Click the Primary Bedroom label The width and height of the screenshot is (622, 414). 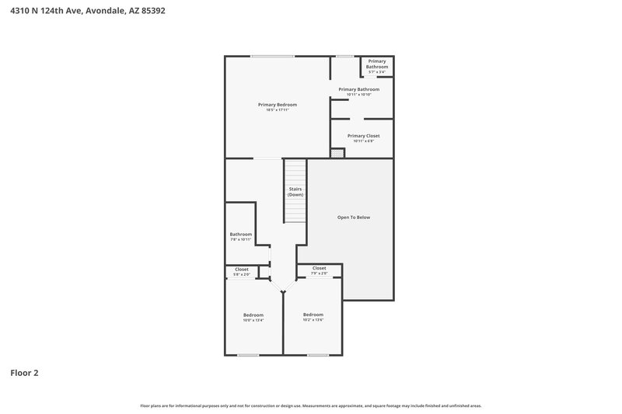point(278,104)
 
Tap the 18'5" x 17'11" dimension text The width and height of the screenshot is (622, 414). point(278,110)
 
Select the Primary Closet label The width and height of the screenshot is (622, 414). point(363,135)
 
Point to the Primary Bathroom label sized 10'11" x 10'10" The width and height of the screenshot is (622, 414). point(358,89)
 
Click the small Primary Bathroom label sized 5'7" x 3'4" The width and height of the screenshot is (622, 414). point(377,64)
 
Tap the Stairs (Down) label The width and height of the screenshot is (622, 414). point(295,191)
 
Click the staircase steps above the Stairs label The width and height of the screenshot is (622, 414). point(295,172)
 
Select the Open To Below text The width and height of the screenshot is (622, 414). point(353,217)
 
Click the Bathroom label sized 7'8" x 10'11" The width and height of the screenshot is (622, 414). point(240,234)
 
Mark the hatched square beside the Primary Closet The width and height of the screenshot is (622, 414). point(336,154)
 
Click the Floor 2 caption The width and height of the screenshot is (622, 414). point(24,373)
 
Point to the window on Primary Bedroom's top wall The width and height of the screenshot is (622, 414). point(272,56)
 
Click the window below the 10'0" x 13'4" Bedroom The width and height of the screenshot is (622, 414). point(248,355)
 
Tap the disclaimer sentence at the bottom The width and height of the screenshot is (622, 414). point(311,405)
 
